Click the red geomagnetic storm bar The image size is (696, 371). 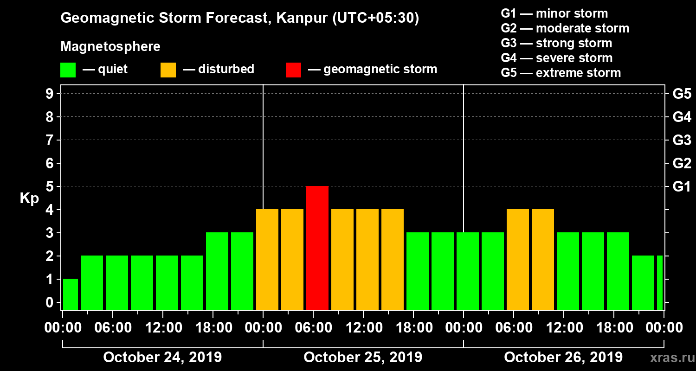[x=317, y=248]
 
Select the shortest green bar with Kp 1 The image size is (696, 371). [x=70, y=294]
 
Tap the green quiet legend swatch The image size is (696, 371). [x=68, y=70]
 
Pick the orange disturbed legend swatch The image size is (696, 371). [x=168, y=70]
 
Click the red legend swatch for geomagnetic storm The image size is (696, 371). [x=293, y=70]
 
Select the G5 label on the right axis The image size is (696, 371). [x=682, y=94]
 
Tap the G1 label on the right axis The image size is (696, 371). [x=682, y=187]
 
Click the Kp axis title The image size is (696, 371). [x=29, y=198]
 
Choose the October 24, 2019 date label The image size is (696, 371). [x=162, y=358]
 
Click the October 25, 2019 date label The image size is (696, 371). [x=363, y=358]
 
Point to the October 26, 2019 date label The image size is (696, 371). [x=563, y=358]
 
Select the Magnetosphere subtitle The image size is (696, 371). [x=110, y=47]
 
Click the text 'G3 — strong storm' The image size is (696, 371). [x=556, y=43]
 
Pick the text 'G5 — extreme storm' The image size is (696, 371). [x=561, y=73]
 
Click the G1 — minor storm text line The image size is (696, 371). [x=554, y=13]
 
